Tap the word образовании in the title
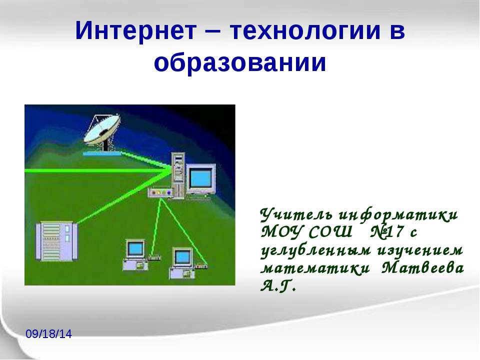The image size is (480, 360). click(240, 63)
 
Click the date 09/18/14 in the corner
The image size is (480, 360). click(48, 334)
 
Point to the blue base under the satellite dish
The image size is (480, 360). click(102, 153)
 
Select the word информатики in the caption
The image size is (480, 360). click(398, 215)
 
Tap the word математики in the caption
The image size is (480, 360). click(315, 268)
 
